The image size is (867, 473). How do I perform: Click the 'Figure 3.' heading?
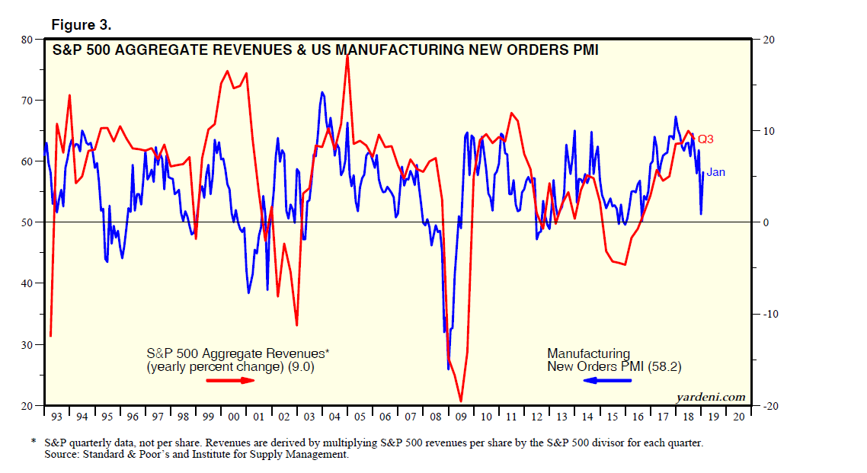pyautogui.click(x=81, y=25)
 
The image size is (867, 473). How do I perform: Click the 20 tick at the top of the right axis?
pyautogui.click(x=762, y=39)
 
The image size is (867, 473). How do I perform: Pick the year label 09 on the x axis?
pyautogui.click(x=460, y=417)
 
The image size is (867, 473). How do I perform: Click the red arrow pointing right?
pyautogui.click(x=231, y=379)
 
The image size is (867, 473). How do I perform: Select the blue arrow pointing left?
pyautogui.click(x=607, y=379)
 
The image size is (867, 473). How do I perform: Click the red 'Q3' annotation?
pyautogui.click(x=705, y=139)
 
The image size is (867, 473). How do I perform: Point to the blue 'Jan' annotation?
pyautogui.click(x=715, y=172)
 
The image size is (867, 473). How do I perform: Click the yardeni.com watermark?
pyautogui.click(x=710, y=397)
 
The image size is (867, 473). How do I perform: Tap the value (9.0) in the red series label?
pyautogui.click(x=299, y=366)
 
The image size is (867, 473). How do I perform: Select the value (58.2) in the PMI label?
pyautogui.click(x=664, y=366)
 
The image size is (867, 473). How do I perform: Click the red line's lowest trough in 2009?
pyautogui.click(x=461, y=401)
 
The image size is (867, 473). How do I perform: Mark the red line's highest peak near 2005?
pyautogui.click(x=347, y=56)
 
